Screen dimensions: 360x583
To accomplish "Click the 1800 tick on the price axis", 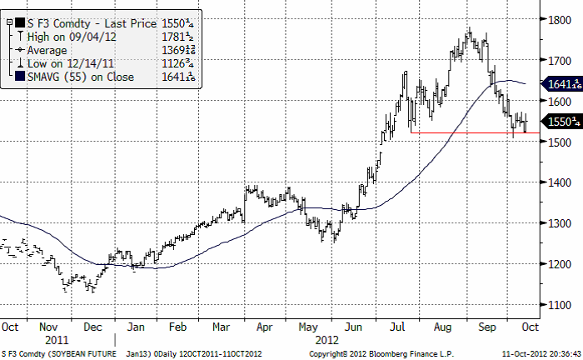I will click(x=559, y=20).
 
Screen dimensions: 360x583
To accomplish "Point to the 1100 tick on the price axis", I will click(x=559, y=306).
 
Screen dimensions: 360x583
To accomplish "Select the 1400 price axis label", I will click(x=559, y=183).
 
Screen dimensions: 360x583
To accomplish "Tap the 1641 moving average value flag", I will click(x=561, y=83).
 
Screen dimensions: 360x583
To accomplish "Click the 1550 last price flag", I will click(x=561, y=121).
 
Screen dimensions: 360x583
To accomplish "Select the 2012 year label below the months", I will click(x=326, y=340).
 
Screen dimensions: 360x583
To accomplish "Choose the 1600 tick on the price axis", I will click(x=559, y=102).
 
